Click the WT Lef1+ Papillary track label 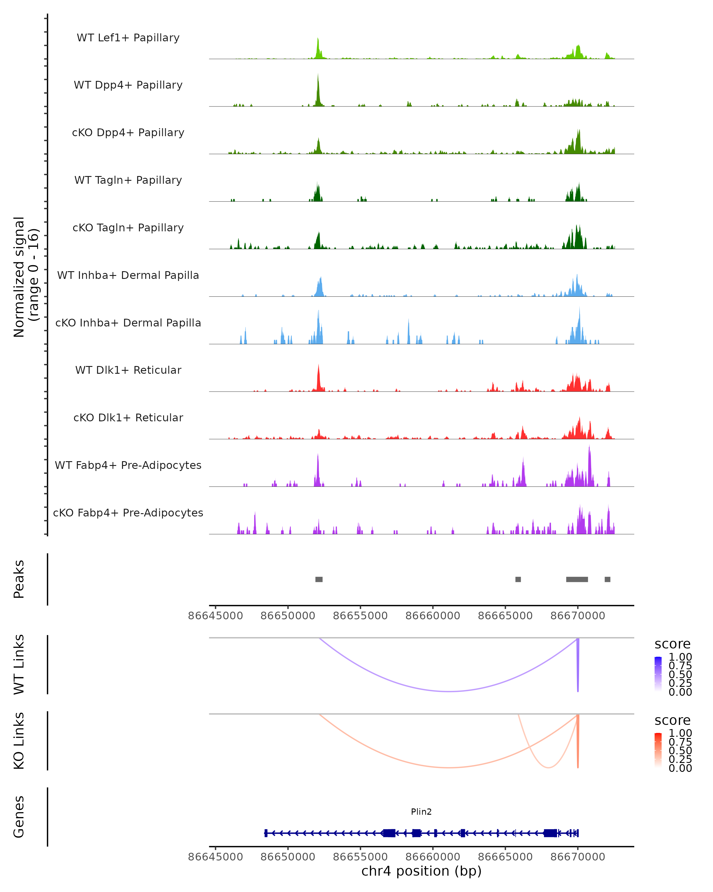click(128, 38)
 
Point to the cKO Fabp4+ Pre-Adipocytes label click(128, 513)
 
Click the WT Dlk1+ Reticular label click(128, 370)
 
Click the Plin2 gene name click(421, 812)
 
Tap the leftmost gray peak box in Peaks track click(319, 579)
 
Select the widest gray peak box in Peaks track click(577, 579)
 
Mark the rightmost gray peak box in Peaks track click(607, 579)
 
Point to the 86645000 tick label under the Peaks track click(215, 616)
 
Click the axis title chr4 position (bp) click(421, 871)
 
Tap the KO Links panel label click(19, 741)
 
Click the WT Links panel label click(19, 665)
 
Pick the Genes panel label click(19, 817)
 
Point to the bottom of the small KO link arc click(548, 767)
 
